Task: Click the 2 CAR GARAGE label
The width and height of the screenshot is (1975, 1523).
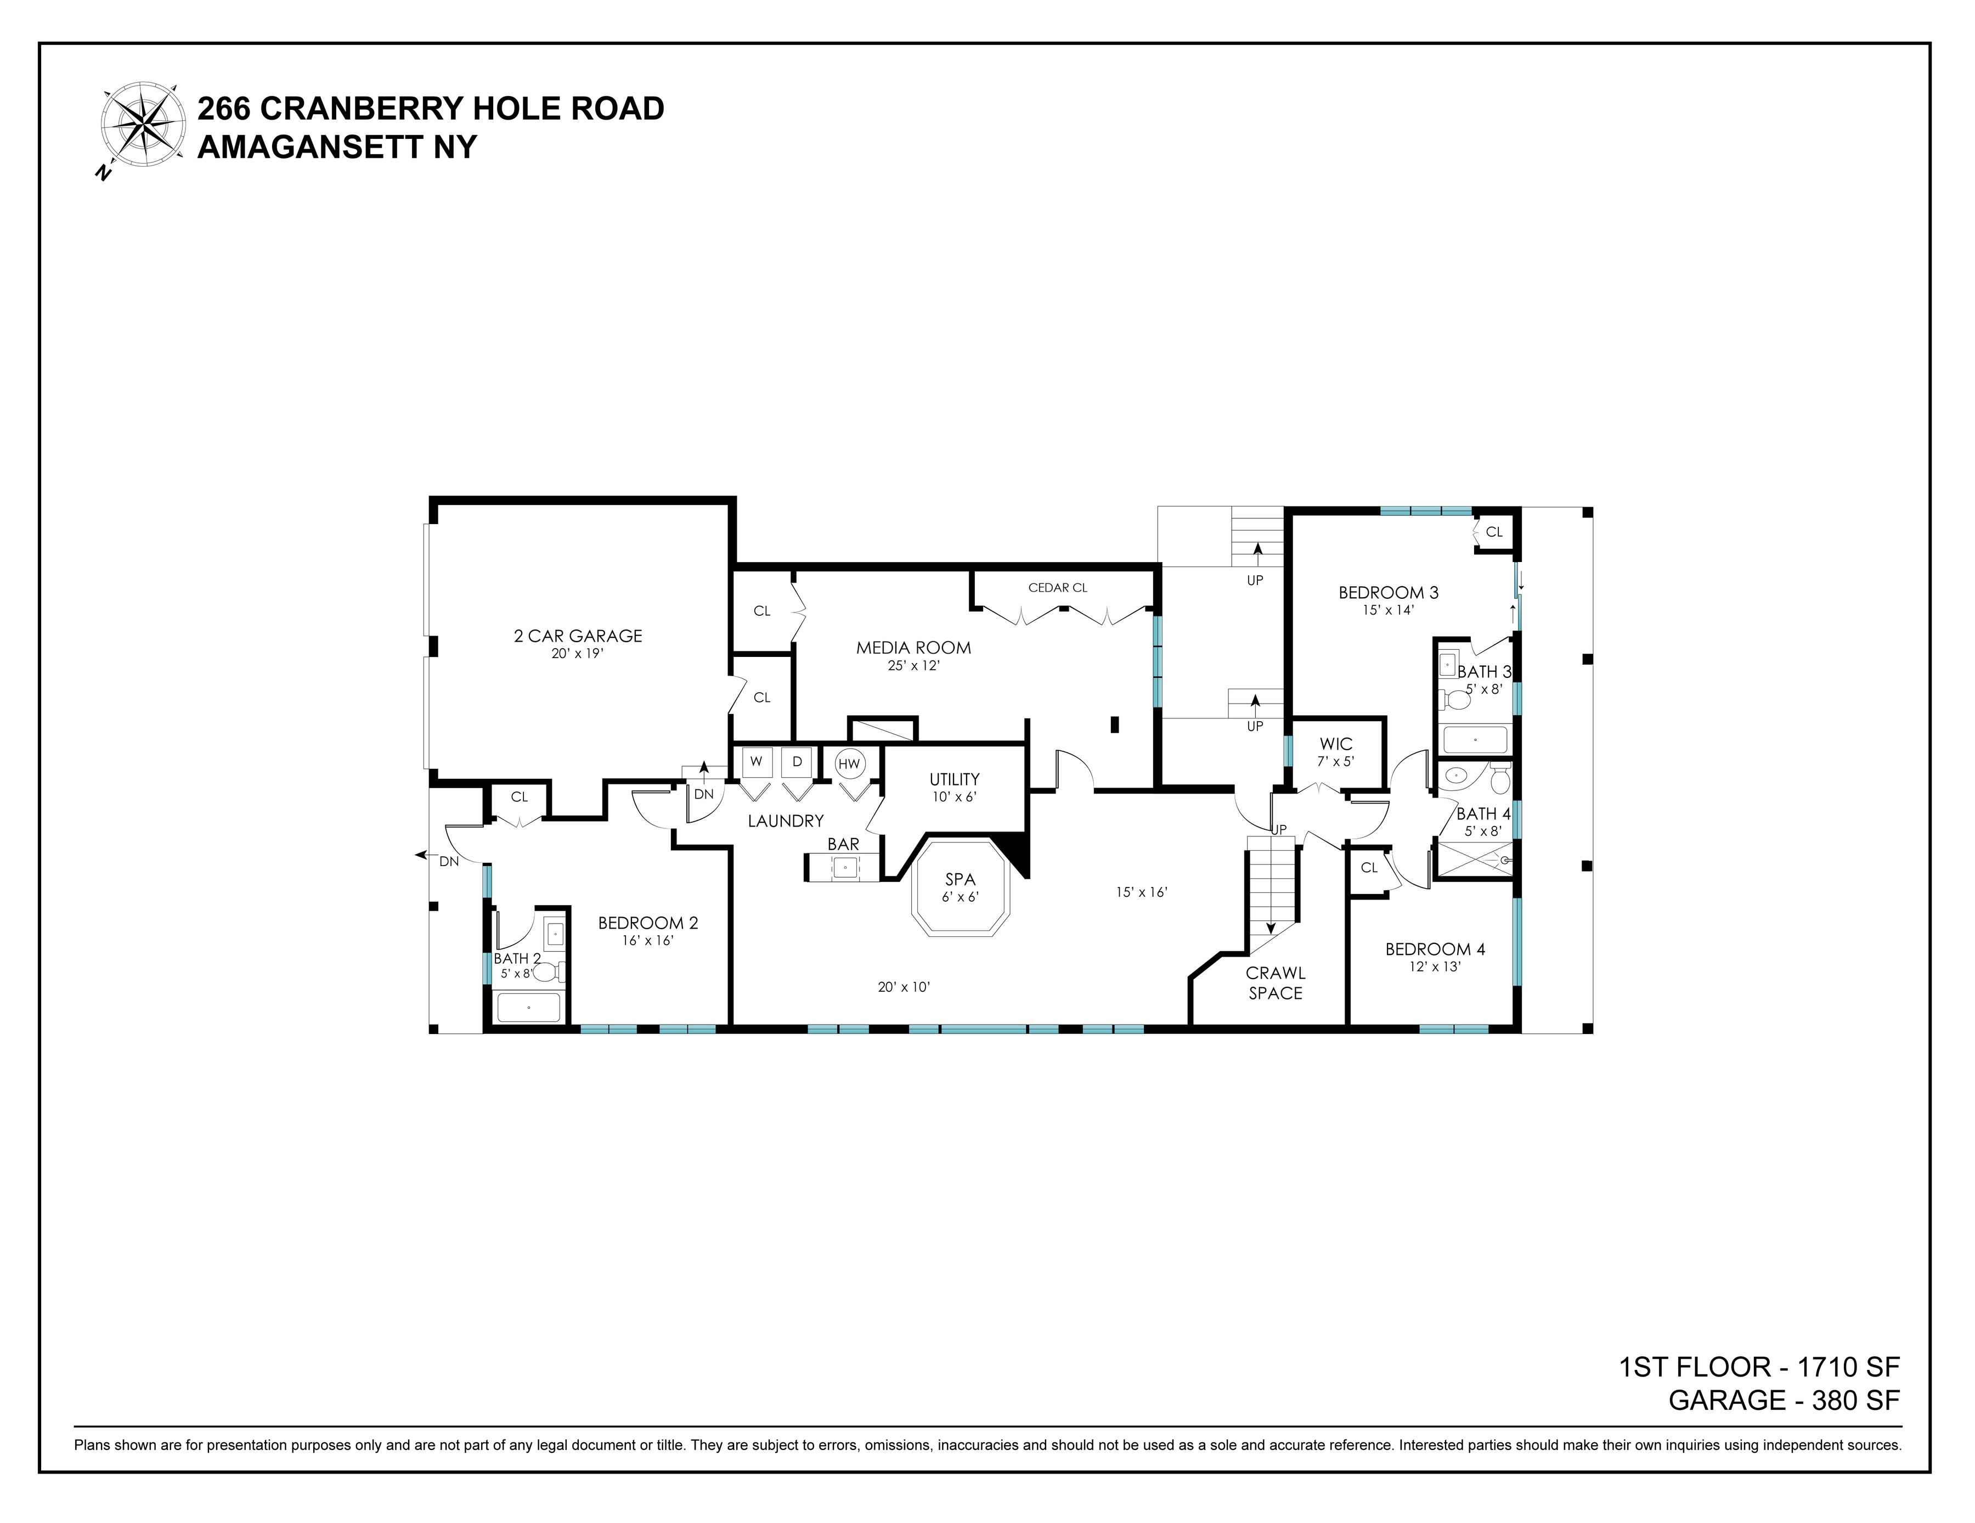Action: tap(577, 636)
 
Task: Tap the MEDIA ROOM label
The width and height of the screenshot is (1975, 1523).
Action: tap(913, 648)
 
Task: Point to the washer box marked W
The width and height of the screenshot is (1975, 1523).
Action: tap(756, 762)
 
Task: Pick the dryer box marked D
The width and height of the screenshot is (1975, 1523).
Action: tap(797, 762)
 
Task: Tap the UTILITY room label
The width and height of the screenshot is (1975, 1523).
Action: tap(954, 779)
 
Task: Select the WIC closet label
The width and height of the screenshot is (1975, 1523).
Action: tap(1336, 744)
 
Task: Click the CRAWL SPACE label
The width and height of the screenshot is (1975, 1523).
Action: tap(1275, 983)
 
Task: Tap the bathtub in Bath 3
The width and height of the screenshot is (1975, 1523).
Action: tap(1475, 740)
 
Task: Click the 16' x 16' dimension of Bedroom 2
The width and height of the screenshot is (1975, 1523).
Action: tap(647, 941)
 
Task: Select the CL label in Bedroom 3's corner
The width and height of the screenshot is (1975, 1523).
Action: tap(1494, 532)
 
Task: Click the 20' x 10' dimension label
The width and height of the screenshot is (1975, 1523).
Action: tap(904, 987)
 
